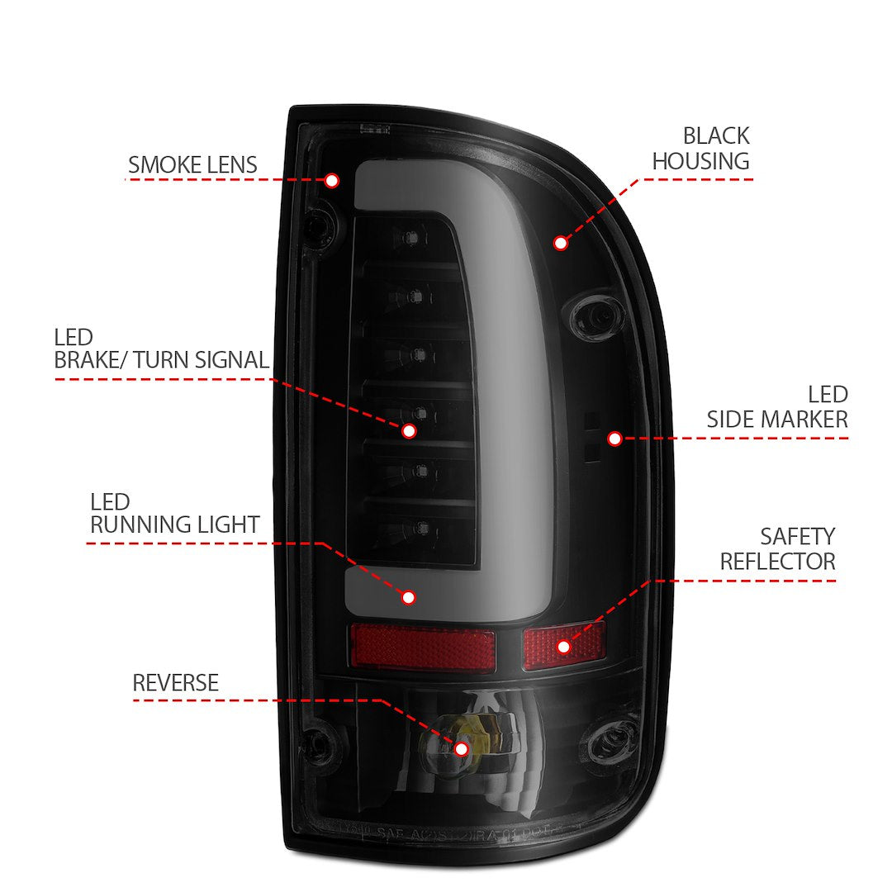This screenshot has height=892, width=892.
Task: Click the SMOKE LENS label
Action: pos(192,164)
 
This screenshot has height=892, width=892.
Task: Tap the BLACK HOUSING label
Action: pos(701,148)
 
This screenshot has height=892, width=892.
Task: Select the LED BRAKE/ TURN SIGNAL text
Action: pos(161,349)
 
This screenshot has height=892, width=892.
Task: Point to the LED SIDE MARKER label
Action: pos(777,406)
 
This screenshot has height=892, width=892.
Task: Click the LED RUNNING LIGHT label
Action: pos(174,513)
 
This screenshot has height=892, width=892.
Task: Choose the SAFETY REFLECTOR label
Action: pos(777,549)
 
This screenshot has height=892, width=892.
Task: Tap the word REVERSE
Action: pos(175,683)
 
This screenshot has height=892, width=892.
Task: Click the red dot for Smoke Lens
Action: pos(332,180)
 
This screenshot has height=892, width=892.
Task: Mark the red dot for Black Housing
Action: pos(561,243)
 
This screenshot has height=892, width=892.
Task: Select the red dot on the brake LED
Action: pos(409,430)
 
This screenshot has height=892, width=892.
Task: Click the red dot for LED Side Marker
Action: pos(614,439)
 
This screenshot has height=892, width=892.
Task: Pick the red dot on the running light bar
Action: pos(409,596)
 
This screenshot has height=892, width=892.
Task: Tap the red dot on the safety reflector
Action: pos(563,646)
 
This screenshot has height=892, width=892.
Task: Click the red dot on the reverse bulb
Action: pos(461,748)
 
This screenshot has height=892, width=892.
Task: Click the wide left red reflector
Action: pos(422,647)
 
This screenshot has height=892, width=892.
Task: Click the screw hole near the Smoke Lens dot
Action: pos(319,225)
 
